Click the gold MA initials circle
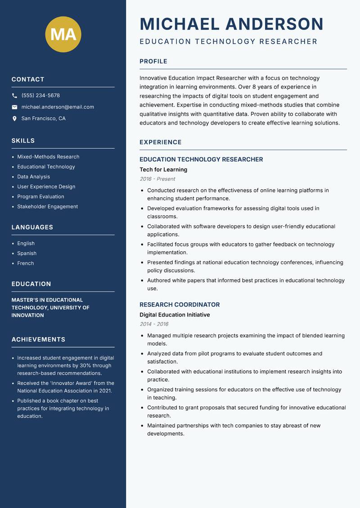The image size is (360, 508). (63, 34)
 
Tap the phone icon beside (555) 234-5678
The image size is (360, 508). (14, 96)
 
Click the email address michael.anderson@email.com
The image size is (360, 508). (58, 107)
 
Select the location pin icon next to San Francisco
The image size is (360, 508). (14, 119)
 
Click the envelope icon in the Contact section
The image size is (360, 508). (14, 107)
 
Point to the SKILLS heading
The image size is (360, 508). (23, 141)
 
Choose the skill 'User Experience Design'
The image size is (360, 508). (46, 187)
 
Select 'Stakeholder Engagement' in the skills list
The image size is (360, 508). (47, 207)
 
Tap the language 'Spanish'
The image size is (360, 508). (27, 254)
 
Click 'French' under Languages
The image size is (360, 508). (25, 263)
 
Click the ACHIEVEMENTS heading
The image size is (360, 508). (38, 339)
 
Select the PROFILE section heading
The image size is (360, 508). (153, 62)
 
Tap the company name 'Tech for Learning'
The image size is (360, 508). (163, 169)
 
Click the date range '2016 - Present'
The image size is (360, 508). (157, 179)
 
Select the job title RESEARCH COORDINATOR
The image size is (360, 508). (180, 305)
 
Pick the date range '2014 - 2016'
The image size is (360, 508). (154, 324)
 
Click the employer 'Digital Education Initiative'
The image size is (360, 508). (175, 315)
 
